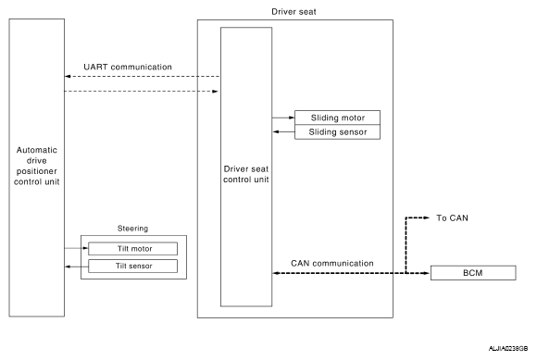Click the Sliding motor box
[337, 118]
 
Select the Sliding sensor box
[337, 132]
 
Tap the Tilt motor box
[133, 248]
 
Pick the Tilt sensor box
[133, 266]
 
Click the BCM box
[473, 273]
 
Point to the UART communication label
[128, 67]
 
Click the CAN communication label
[332, 263]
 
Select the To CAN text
[452, 218]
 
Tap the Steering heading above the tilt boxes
[133, 229]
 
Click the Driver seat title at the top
[293, 12]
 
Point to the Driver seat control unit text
[246, 174]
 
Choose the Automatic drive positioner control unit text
[37, 166]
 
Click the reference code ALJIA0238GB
[508, 348]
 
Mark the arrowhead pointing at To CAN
[427, 217]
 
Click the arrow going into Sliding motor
[283, 118]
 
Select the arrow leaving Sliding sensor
[283, 131]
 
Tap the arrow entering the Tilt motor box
[76, 248]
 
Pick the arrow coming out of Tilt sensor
[77, 267]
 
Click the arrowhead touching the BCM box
[427, 273]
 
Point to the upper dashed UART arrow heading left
[143, 76]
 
